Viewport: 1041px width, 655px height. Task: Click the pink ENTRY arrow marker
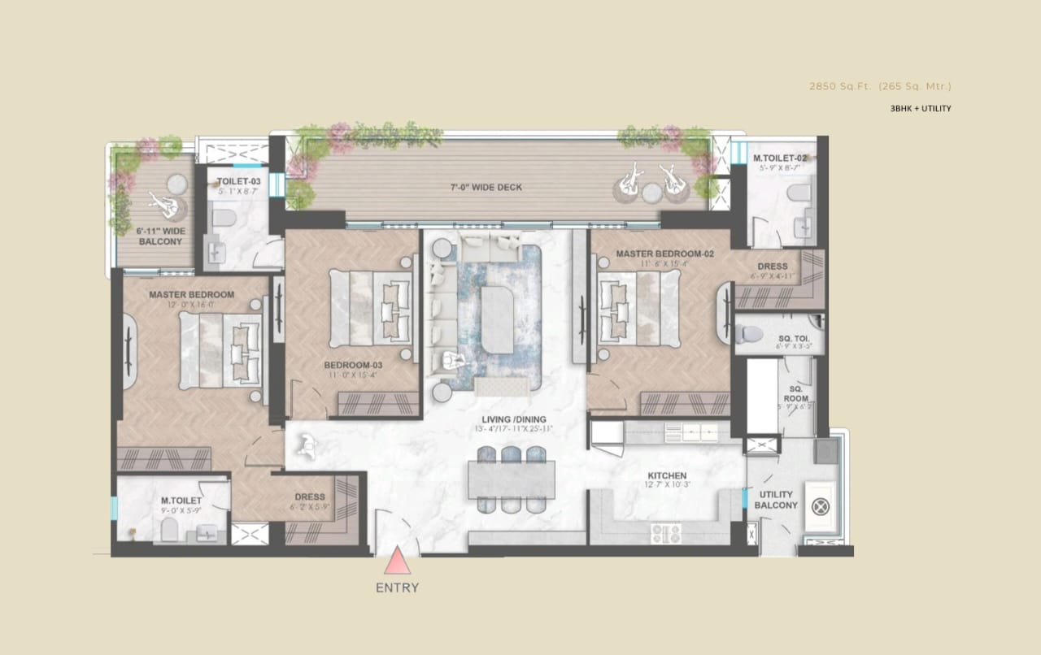396,561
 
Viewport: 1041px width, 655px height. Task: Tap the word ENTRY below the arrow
397,588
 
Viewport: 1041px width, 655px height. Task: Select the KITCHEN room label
667,475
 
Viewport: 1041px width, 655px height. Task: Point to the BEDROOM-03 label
353,365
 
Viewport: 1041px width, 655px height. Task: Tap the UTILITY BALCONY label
776,500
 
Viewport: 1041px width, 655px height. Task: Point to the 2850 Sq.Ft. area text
880,85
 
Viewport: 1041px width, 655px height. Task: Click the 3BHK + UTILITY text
920,108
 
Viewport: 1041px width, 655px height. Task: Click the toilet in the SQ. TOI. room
750,332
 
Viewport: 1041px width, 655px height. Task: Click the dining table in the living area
512,479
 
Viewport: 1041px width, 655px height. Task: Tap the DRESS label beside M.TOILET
309,497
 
